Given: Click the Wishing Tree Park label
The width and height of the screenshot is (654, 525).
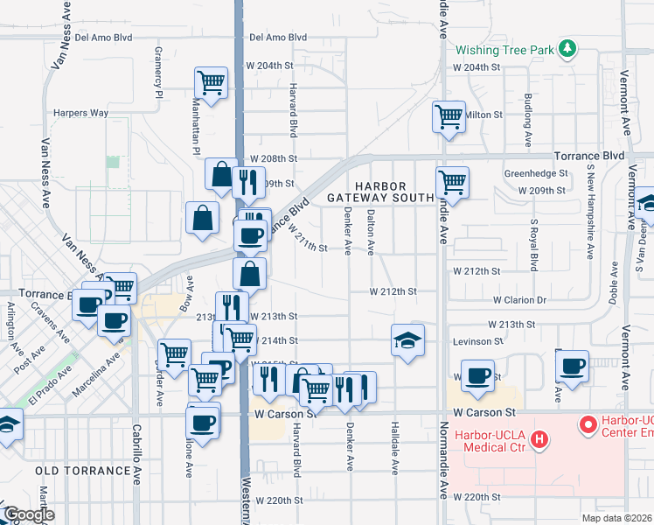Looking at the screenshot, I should click(504, 49).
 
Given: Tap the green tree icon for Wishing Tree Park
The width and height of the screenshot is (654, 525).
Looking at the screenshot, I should click(568, 48).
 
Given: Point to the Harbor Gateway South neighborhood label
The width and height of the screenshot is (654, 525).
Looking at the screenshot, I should click(379, 192).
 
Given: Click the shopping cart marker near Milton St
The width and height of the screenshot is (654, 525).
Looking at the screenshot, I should click(449, 115).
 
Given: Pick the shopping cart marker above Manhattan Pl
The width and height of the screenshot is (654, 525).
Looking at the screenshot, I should click(211, 82).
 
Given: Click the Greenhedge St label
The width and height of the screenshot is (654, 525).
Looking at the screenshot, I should click(536, 173).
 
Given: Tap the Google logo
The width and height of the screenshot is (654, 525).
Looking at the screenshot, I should click(29, 515).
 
